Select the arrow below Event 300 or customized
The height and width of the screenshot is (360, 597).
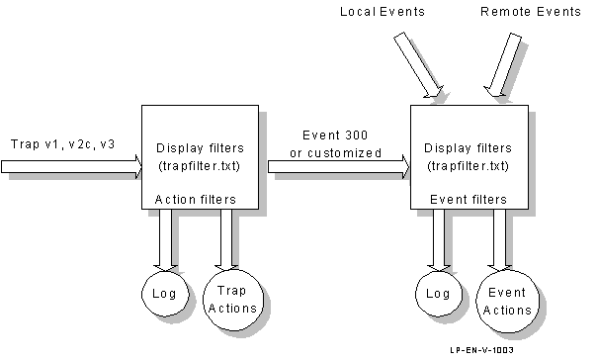[338, 167]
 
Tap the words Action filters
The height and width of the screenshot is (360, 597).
[196, 200]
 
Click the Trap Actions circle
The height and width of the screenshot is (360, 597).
[231, 300]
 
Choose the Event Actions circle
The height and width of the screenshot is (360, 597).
[507, 302]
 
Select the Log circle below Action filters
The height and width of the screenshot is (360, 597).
[164, 294]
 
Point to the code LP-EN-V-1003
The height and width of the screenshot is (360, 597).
[481, 350]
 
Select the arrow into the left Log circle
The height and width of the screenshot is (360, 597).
[166, 239]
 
